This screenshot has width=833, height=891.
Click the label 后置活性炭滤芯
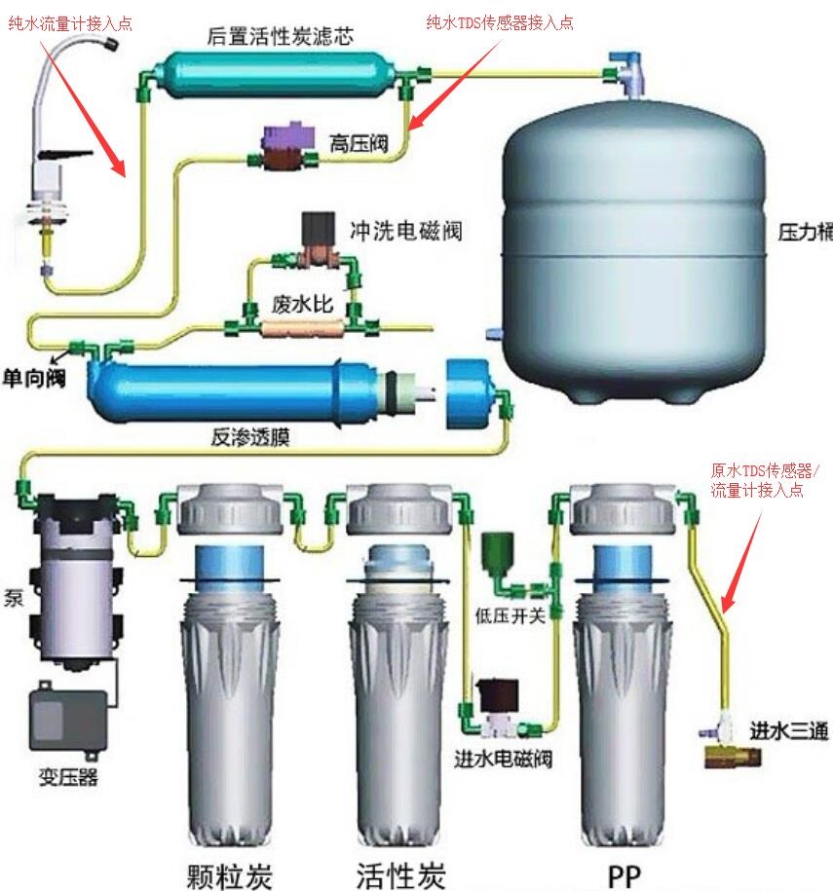tap(280, 37)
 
